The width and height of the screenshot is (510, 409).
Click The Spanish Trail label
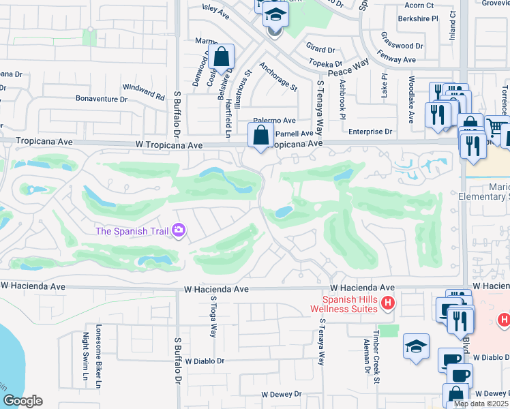[x=132, y=231]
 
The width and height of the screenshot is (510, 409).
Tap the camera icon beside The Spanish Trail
[x=179, y=231]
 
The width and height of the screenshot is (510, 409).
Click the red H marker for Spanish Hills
[x=388, y=303]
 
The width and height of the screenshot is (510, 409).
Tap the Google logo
[x=22, y=401]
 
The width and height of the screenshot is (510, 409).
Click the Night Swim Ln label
[x=86, y=354]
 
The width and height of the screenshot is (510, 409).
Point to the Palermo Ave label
[x=275, y=119]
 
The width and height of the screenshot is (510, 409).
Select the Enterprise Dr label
[x=370, y=131]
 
